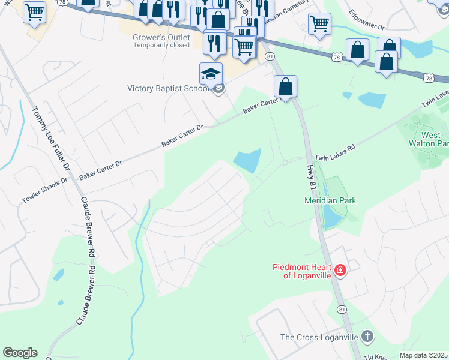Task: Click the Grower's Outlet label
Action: tap(161, 38)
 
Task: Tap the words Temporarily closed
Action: tap(161, 46)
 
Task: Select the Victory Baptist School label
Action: tap(169, 89)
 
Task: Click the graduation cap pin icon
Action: tap(211, 74)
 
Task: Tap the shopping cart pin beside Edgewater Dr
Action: tap(319, 24)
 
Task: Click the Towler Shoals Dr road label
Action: tap(46, 190)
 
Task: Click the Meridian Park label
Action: tap(330, 200)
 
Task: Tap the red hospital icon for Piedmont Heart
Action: tap(340, 271)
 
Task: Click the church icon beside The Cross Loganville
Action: tap(367, 337)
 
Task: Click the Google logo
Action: tap(20, 353)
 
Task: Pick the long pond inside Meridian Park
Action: tap(329, 217)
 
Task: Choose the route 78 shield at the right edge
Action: tap(428, 78)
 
